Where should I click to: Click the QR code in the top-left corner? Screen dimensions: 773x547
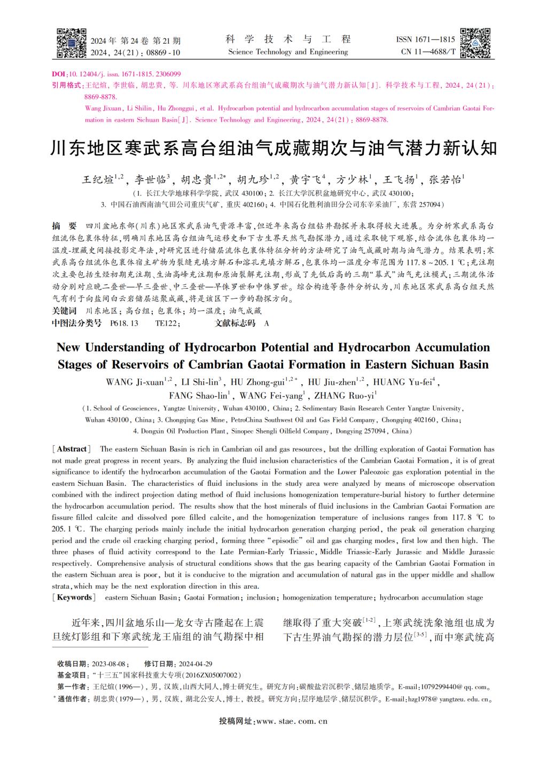71,42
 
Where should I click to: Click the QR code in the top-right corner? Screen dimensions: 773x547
475,42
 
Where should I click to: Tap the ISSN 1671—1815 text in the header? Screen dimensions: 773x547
425,40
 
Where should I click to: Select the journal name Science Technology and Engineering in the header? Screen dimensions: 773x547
288,52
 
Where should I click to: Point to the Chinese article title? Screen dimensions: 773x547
273,148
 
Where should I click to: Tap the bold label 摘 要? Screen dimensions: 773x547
64,226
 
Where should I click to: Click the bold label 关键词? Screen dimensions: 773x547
64,311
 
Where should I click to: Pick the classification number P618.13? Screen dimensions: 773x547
124,323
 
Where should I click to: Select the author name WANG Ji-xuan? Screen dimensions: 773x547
136,382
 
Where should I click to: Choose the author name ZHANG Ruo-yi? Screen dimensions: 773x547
343,396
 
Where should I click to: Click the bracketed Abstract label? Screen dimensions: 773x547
72,449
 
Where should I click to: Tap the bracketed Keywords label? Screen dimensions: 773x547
74,597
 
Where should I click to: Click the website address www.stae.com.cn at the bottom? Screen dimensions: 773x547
292,721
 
